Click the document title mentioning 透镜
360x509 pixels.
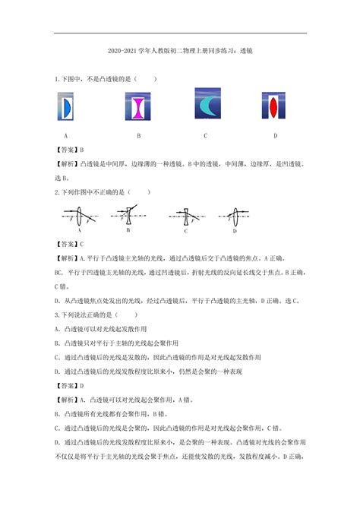(180, 55)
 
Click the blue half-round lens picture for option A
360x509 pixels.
(66, 106)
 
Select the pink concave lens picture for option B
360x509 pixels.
(139, 106)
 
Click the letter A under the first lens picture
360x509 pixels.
(66, 135)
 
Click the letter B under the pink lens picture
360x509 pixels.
(139, 135)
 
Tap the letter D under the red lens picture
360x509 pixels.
(276, 135)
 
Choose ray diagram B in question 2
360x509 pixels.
(129, 216)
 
